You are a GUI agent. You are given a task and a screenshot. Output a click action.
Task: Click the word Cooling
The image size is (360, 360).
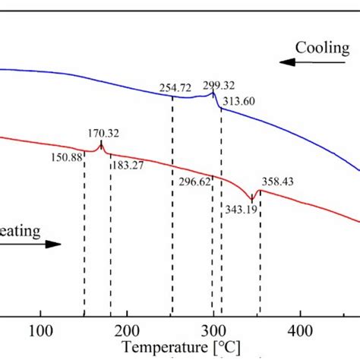point(322,48)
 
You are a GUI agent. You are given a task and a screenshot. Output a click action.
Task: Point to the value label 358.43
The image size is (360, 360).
point(278,182)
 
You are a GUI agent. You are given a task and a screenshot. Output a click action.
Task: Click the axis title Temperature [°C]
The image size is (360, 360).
point(180,348)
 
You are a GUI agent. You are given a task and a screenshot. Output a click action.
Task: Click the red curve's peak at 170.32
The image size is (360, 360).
point(100,144)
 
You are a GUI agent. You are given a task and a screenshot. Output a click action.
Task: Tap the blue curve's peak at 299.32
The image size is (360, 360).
point(213,92)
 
